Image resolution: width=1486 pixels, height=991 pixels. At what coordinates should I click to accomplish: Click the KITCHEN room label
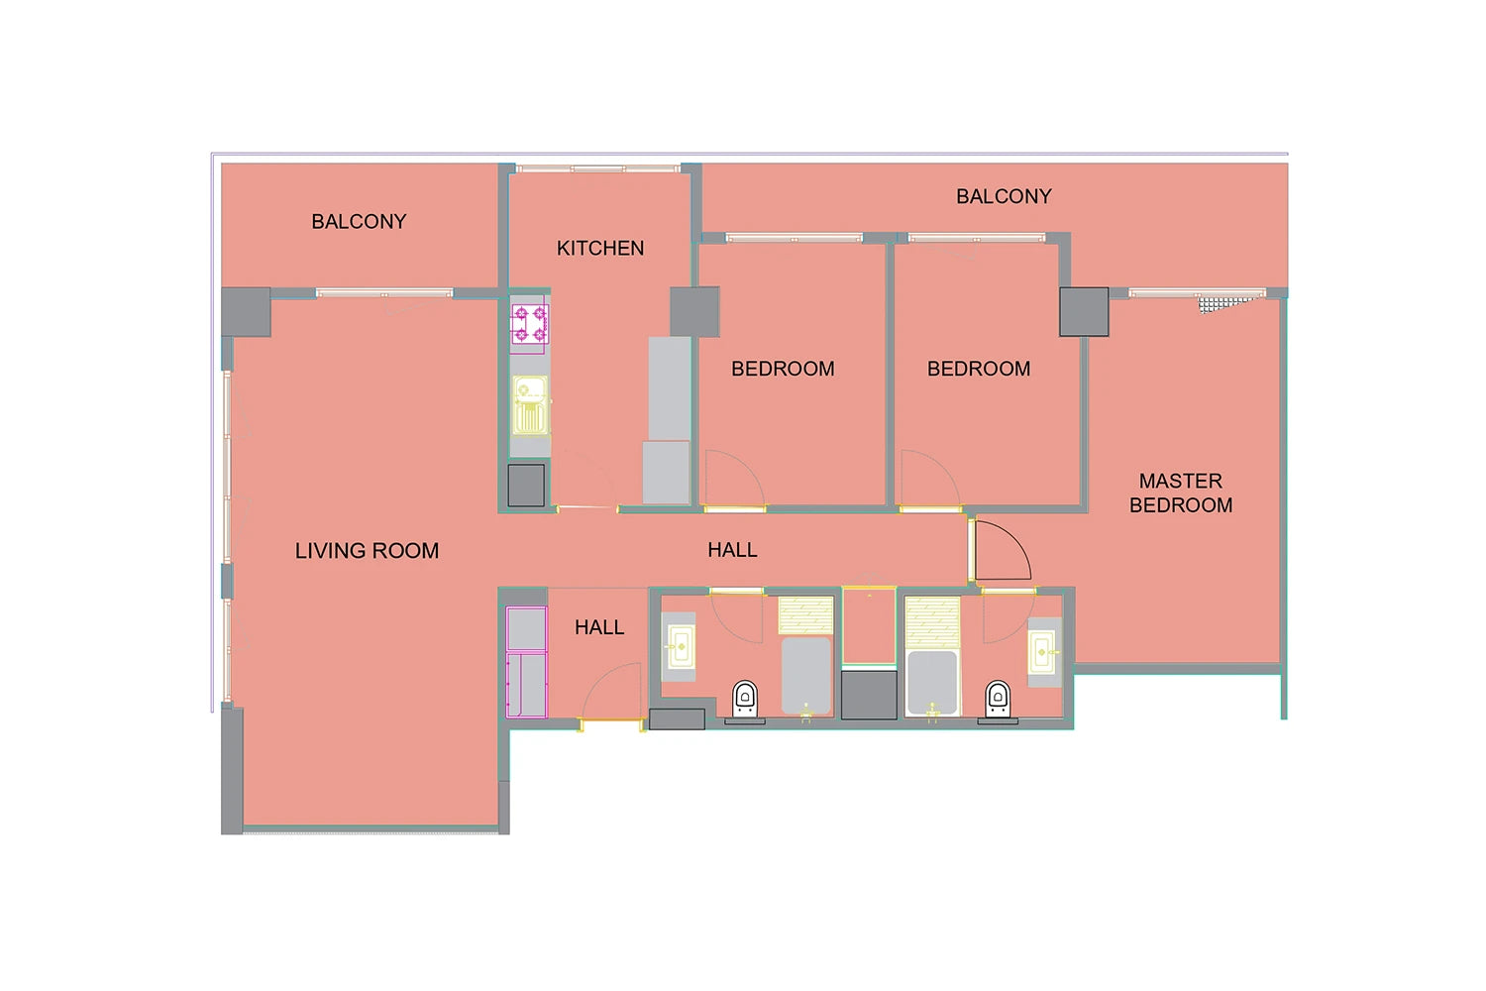click(x=599, y=249)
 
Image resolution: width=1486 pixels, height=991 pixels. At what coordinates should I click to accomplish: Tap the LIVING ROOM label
click(x=367, y=550)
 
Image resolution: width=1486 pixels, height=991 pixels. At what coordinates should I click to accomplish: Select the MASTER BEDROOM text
click(x=1181, y=493)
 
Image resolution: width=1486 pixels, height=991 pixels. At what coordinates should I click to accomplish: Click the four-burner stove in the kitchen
click(x=529, y=325)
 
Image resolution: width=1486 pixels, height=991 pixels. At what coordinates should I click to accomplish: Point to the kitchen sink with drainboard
click(x=530, y=405)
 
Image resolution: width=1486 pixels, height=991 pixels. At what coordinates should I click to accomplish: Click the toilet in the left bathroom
click(x=745, y=700)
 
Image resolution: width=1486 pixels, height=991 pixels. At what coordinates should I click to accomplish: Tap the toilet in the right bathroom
click(x=998, y=700)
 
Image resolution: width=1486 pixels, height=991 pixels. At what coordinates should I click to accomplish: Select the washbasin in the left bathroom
click(x=681, y=646)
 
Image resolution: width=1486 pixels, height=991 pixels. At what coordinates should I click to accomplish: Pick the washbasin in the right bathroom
click(x=1042, y=652)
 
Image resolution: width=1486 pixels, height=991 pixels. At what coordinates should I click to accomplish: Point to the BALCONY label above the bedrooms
click(x=1004, y=196)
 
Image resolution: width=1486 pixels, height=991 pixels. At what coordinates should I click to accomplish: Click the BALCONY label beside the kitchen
click(x=359, y=222)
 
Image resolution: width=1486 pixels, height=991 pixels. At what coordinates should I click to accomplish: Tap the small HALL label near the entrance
click(x=599, y=627)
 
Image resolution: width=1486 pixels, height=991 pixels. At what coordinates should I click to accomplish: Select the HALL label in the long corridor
click(x=732, y=550)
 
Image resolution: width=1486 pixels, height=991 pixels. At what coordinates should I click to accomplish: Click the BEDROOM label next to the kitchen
click(x=783, y=369)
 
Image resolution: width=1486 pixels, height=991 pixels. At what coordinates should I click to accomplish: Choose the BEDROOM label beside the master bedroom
click(x=979, y=369)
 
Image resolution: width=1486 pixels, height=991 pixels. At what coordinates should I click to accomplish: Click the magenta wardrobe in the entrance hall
click(x=527, y=662)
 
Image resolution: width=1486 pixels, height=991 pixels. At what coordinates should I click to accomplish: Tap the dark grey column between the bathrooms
click(x=869, y=695)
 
